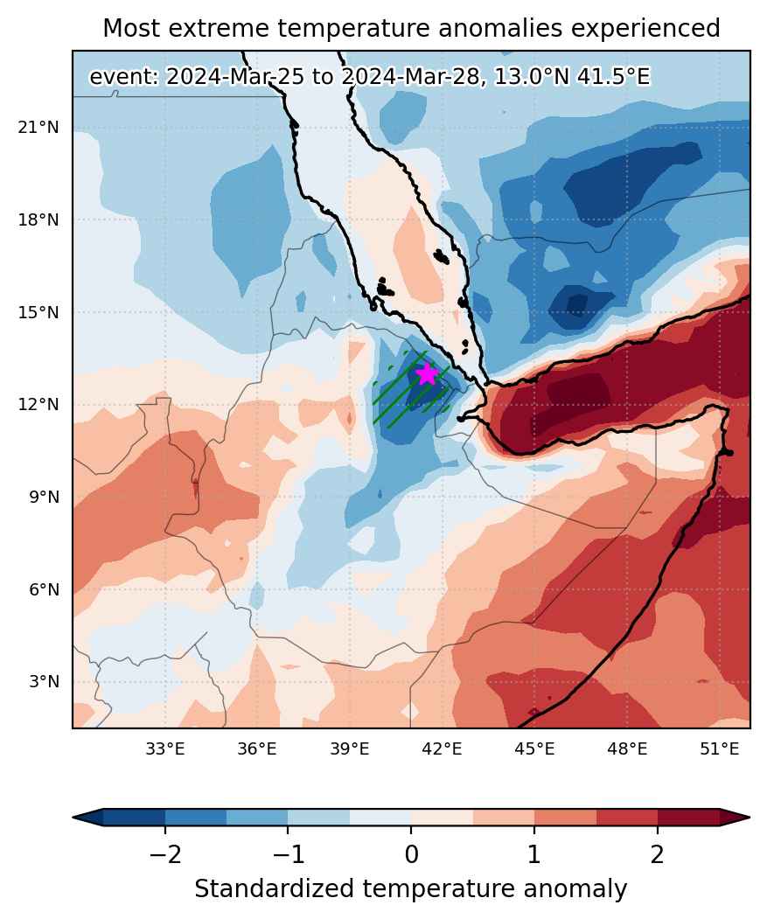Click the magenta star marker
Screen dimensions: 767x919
(428, 374)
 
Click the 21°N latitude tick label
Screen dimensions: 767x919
(38, 127)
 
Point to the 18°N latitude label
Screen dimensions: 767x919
(38, 219)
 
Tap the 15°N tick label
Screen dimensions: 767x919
(38, 312)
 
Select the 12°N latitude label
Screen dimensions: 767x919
(38, 404)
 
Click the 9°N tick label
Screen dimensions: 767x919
(44, 497)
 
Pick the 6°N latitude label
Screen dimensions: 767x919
(44, 589)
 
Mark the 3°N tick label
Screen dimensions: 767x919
(44, 682)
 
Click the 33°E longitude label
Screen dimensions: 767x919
(164, 749)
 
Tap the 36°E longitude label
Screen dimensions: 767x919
(257, 749)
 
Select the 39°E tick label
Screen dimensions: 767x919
(350, 749)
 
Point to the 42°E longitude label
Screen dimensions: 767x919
(443, 749)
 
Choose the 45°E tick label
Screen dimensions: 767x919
(534, 749)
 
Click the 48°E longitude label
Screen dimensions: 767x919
(627, 749)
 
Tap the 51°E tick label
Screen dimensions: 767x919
(720, 749)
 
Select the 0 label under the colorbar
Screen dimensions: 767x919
(412, 855)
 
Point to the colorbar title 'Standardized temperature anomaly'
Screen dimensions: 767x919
(411, 889)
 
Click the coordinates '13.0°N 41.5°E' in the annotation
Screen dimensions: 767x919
(572, 77)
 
